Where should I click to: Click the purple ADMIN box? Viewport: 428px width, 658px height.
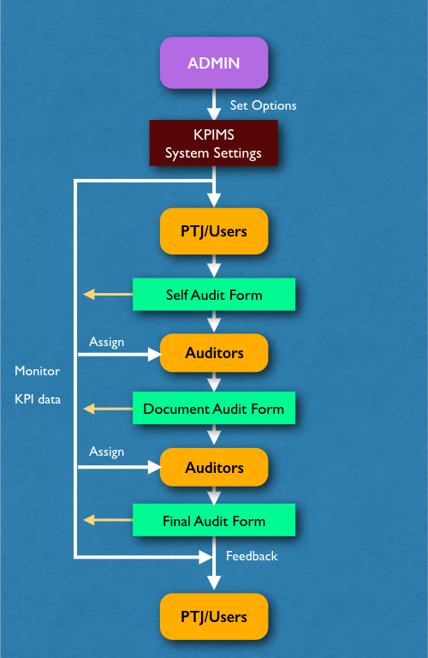tap(214, 63)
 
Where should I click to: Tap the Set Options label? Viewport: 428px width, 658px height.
tap(264, 105)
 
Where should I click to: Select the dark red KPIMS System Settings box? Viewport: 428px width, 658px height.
tap(214, 143)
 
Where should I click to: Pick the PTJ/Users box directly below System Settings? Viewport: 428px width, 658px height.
tap(214, 231)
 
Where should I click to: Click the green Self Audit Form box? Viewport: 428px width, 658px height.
tap(214, 295)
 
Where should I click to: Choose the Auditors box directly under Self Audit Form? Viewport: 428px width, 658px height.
tap(214, 353)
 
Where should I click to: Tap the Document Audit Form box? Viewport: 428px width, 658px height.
tap(214, 409)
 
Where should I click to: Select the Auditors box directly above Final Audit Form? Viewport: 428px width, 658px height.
tap(214, 467)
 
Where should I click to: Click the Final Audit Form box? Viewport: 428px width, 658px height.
tap(214, 520)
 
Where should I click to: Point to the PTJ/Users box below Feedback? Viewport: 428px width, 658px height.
tap(214, 617)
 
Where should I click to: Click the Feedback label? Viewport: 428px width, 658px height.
tap(252, 556)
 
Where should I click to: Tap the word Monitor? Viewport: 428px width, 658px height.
tap(38, 371)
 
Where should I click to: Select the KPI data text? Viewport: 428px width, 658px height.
tap(38, 399)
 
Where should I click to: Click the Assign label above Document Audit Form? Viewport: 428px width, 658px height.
tap(106, 343)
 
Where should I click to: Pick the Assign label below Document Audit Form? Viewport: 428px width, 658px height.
tap(106, 452)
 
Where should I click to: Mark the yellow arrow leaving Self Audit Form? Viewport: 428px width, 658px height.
tap(108, 295)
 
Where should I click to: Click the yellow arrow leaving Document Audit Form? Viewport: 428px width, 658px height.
tap(108, 409)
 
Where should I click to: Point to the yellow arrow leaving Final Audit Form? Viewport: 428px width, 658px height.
tap(108, 520)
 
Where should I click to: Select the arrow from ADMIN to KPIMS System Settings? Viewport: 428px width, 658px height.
tap(214, 105)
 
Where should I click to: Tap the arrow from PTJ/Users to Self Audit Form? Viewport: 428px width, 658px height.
tap(214, 266)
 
